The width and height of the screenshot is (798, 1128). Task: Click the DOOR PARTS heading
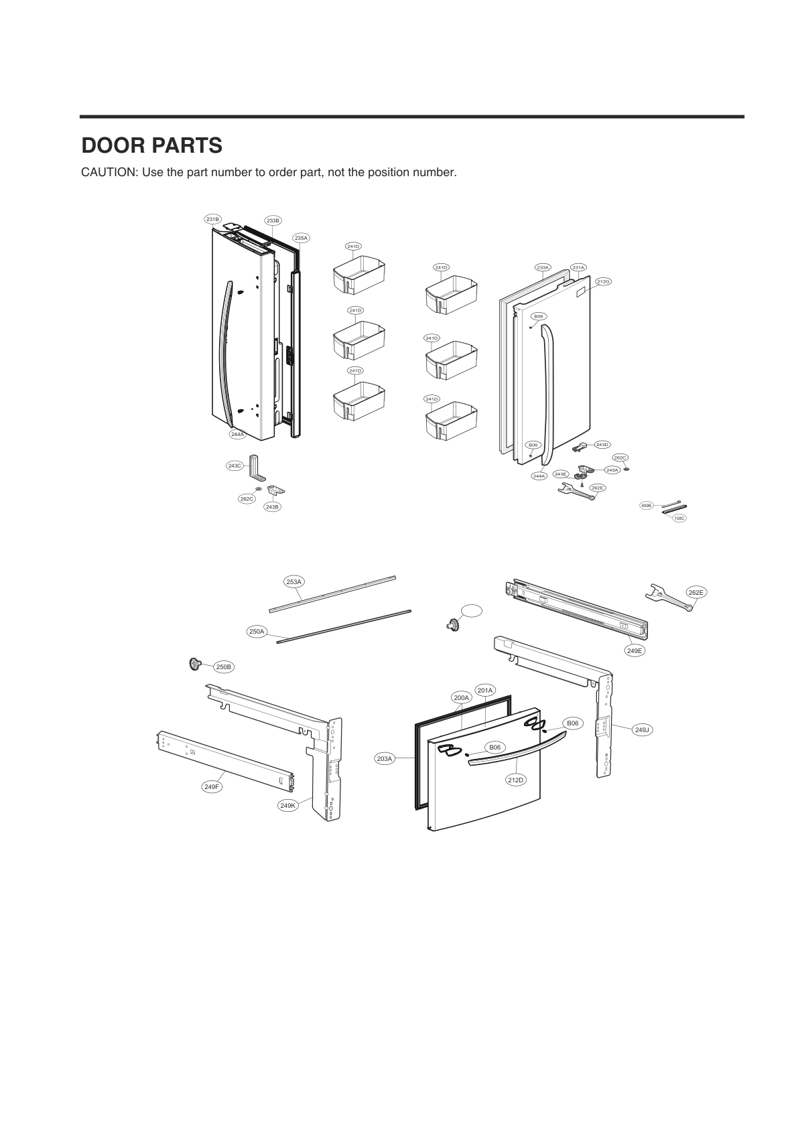[x=151, y=145]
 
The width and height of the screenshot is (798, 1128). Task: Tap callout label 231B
[x=213, y=219]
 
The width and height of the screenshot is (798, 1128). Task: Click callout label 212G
[x=603, y=281]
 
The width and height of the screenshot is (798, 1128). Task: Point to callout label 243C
[x=235, y=466]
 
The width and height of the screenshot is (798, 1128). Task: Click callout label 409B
[x=647, y=506]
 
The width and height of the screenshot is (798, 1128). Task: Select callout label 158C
[x=679, y=518]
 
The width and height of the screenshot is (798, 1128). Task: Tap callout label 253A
[x=293, y=582]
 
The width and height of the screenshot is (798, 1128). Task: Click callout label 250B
[x=224, y=667]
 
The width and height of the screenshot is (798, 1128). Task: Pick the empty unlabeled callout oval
[x=471, y=610]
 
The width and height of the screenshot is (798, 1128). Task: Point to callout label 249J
[x=642, y=729]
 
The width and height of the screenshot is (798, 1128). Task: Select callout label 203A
[x=384, y=758]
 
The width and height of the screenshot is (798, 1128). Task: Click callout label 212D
[x=515, y=780]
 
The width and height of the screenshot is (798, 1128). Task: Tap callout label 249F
[x=212, y=787]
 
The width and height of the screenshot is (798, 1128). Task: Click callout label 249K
[x=287, y=806]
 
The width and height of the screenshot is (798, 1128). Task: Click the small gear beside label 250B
[x=196, y=664]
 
